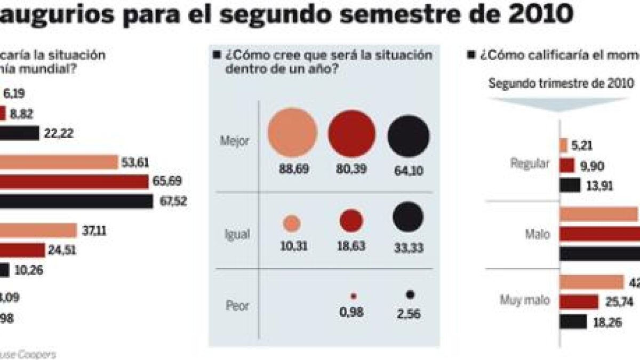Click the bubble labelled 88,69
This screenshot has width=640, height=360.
292,132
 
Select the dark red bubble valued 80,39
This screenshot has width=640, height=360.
352,132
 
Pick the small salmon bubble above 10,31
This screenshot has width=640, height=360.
291,223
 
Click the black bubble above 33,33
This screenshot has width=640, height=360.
408,217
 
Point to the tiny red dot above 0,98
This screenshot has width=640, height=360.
353,295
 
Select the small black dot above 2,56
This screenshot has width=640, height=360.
410,294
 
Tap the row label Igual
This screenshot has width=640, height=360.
237,234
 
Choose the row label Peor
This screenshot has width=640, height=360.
237,307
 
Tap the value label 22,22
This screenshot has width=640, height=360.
60,133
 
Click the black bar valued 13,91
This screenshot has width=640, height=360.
570,186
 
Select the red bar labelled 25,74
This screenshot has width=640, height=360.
579,302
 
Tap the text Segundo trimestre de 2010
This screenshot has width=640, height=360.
561,84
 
